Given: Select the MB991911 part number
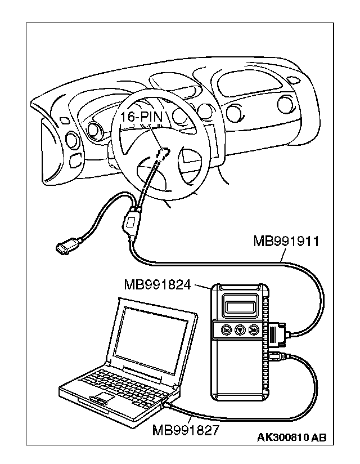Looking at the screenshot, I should click(x=286, y=243).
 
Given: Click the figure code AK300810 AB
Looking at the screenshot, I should click(x=291, y=438).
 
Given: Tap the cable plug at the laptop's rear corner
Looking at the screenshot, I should click(x=166, y=404).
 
